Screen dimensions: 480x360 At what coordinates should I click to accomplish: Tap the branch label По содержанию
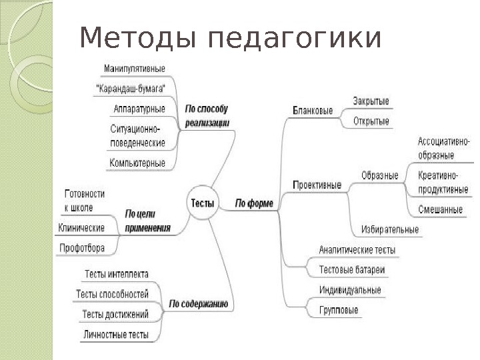(198, 304)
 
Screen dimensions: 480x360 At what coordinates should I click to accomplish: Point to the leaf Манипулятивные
(135, 68)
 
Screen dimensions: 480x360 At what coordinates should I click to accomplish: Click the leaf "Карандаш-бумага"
(131, 88)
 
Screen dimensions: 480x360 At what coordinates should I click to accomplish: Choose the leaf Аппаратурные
(139, 109)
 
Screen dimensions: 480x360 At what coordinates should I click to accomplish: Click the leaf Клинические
(81, 228)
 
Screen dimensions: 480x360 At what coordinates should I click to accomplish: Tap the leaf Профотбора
(81, 248)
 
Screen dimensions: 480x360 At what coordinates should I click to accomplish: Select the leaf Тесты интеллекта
(117, 274)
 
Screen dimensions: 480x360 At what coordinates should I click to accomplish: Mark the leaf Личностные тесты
(116, 335)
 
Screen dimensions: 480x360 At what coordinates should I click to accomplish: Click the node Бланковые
(313, 111)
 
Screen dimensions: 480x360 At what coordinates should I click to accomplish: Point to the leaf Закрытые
(371, 101)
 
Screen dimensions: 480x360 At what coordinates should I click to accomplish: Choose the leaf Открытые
(371, 121)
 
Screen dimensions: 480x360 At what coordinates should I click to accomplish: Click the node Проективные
(317, 185)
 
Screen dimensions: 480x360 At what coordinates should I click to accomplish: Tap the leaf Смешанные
(440, 209)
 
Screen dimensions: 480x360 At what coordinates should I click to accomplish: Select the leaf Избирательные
(390, 230)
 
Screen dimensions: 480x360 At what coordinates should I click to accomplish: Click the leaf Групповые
(339, 310)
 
